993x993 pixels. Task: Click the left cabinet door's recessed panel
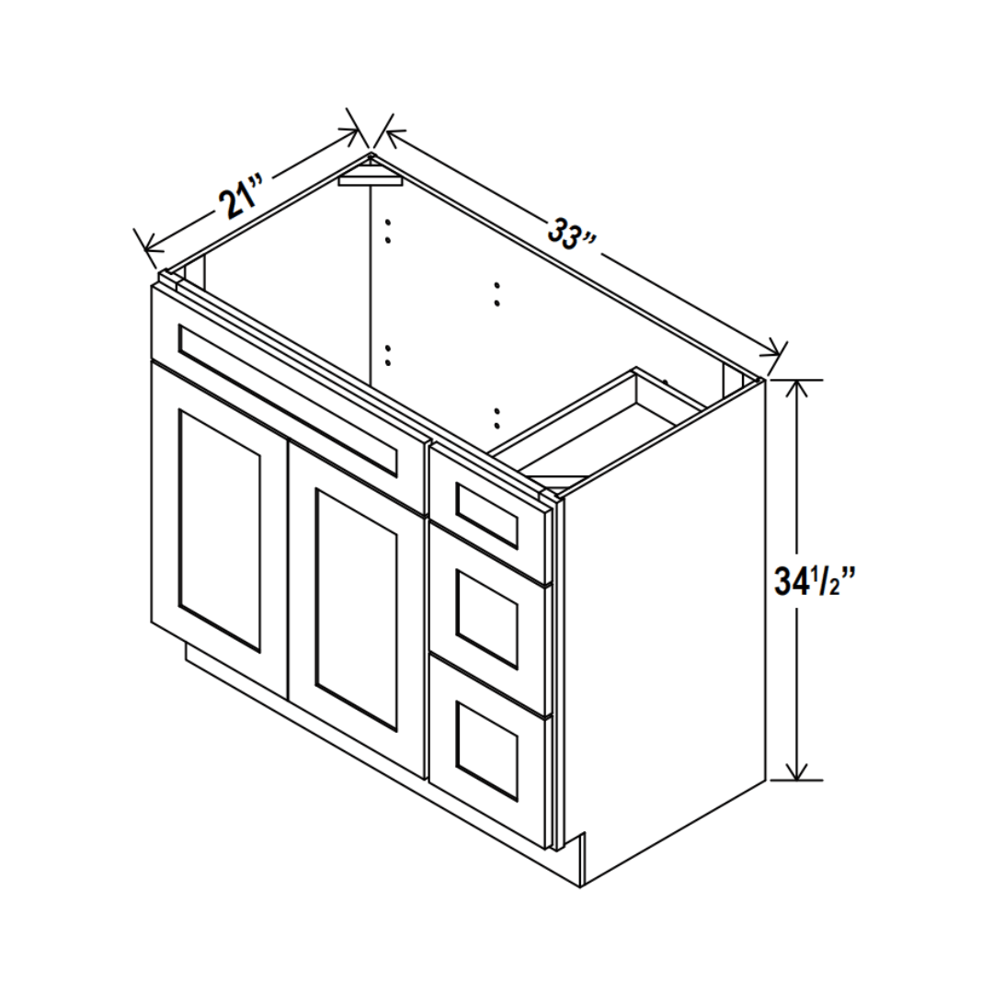coord(220,531)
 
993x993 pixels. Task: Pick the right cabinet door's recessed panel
coord(356,610)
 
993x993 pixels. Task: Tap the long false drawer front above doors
coord(288,398)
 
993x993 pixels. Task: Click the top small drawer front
coord(486,514)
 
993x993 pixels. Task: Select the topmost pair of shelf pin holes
coord(388,231)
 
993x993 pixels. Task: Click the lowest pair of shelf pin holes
coord(496,418)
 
